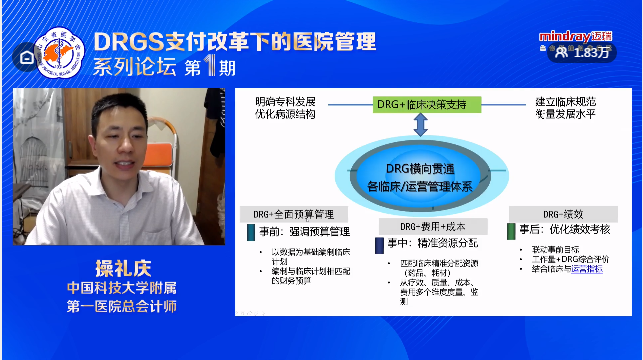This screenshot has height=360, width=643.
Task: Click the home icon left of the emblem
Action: tap(24, 57)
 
